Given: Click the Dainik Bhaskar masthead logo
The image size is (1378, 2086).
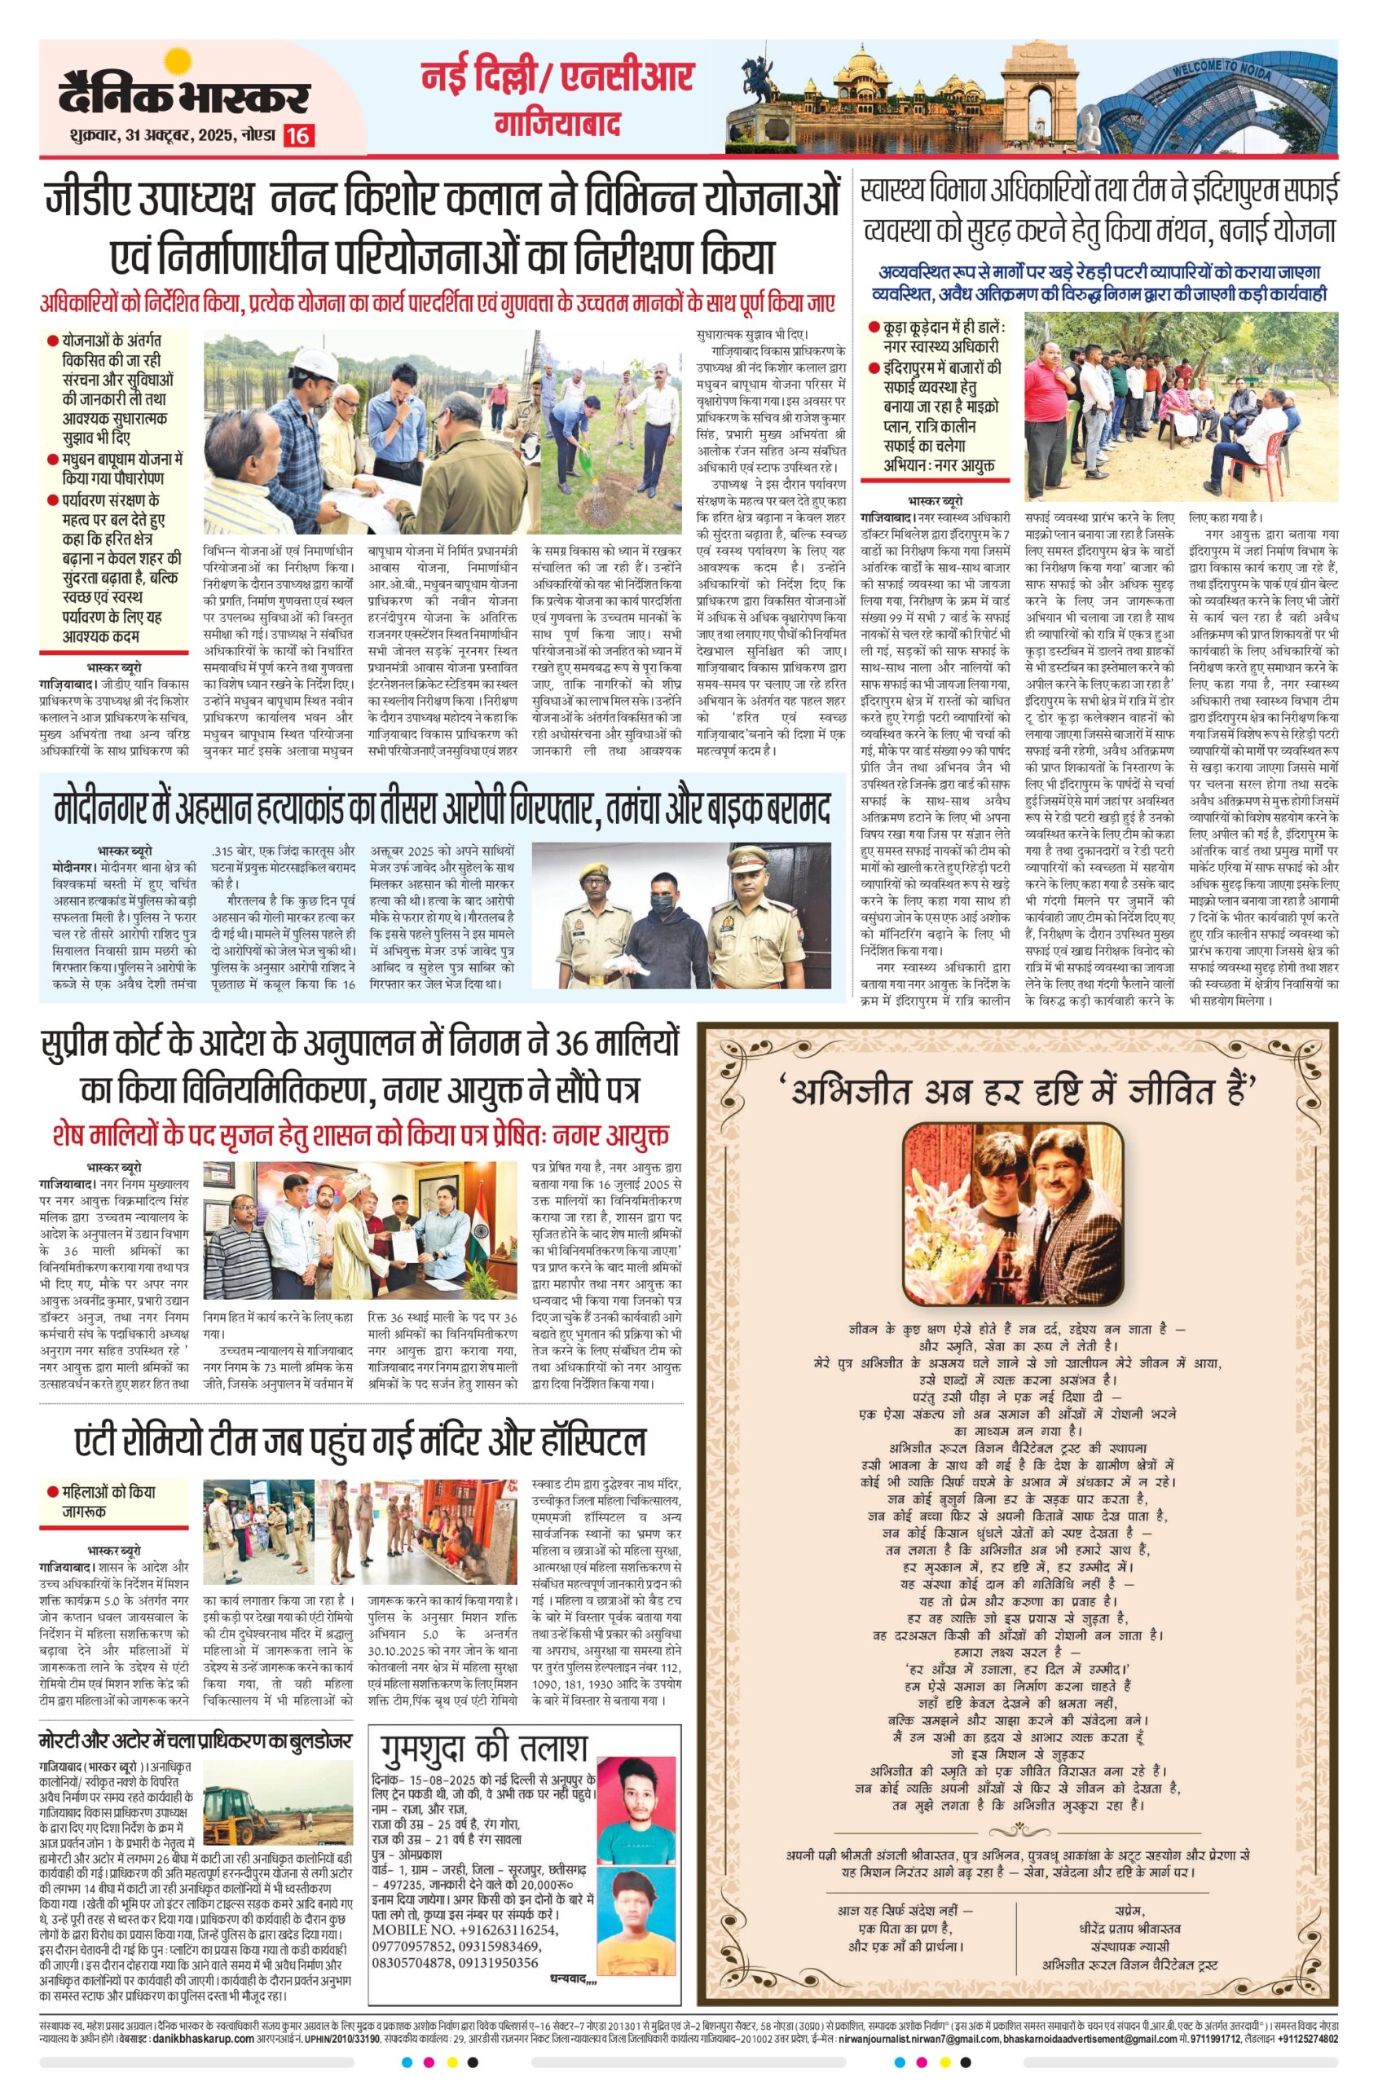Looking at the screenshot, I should [184, 93].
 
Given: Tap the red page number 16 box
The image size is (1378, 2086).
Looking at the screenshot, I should [299, 136].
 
